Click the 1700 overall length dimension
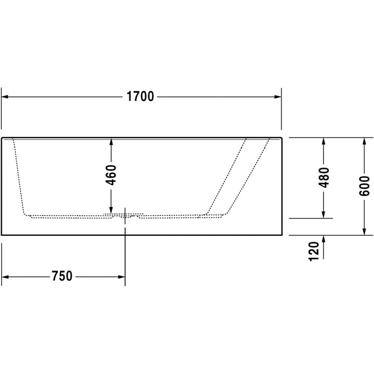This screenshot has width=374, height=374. pos(140,97)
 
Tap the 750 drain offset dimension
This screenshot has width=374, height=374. pos(62,276)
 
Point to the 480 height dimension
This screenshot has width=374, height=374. pos(324,178)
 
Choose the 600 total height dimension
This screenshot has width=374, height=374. pos(365,185)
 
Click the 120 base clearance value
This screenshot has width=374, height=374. pos(313,251)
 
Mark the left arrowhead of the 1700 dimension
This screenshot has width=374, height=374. pos(6,97)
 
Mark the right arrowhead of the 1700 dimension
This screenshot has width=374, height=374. pos(276,97)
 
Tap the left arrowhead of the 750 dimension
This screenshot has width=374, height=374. pos(6,276)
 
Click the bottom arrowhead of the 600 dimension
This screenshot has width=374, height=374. pos(365,230)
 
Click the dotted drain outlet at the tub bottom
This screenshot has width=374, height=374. pos(125,214)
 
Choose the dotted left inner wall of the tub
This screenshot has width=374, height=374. pos(18,177)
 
